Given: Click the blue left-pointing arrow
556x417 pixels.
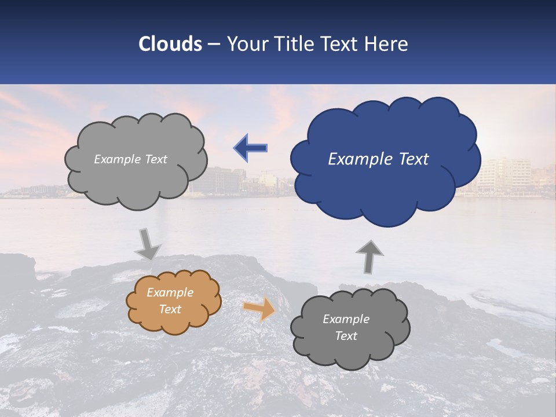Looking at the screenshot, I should pos(251,148).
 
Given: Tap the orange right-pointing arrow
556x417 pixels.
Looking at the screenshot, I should pos(259,309).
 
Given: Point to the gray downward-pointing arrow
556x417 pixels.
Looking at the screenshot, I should pos(148,244).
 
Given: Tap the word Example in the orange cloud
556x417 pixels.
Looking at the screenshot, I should pos(170,292).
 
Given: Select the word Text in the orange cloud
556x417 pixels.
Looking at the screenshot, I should pos(170,309).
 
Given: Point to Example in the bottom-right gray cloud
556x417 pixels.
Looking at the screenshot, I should pos(346,319).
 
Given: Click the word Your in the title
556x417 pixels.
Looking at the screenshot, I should pos(246,44).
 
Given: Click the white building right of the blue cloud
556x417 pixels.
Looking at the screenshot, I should pos(504,174).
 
